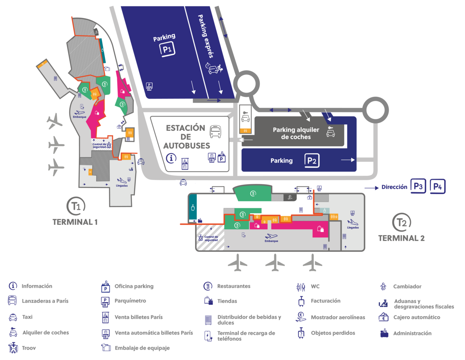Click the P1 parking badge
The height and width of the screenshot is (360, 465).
tap(167, 49)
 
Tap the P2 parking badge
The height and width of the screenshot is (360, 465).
tap(312, 161)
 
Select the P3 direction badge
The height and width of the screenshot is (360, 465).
tap(418, 187)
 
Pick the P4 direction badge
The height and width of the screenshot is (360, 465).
tap(438, 187)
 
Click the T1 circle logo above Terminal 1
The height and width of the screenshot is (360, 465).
tap(76, 206)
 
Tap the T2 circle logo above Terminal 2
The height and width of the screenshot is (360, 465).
tap(401, 222)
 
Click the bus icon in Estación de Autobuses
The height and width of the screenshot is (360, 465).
tap(215, 132)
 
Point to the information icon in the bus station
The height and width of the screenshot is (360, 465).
tap(171, 158)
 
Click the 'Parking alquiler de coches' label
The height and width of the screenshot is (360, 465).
tap(296, 133)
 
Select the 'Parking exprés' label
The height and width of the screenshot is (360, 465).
tap(205, 36)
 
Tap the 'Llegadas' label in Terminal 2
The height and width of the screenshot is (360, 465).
tap(353, 228)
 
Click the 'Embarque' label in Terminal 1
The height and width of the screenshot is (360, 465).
tap(79, 117)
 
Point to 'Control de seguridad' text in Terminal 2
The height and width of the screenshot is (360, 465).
tap(211, 238)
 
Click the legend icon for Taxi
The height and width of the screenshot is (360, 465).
tap(13, 317)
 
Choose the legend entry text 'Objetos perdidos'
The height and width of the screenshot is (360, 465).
tap(333, 333)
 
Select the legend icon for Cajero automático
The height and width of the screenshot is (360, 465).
tap(384, 317)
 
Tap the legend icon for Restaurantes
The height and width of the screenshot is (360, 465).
tap(208, 286)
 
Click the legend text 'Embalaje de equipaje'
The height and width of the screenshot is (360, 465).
tap(142, 348)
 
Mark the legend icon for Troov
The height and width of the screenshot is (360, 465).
tap(13, 348)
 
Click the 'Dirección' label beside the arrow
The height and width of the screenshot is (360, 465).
tap(394, 187)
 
